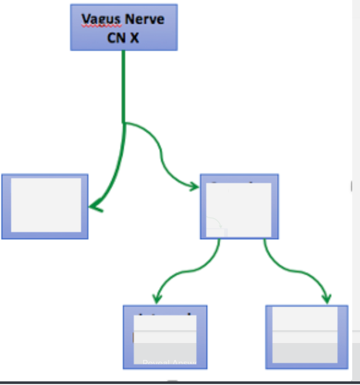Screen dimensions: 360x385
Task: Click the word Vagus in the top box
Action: click(x=98, y=20)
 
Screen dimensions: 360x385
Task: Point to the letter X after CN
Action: click(x=134, y=37)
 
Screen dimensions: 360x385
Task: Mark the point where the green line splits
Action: click(x=124, y=123)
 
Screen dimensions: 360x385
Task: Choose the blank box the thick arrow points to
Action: click(x=45, y=206)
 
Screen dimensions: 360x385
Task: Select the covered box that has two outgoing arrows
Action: click(x=240, y=206)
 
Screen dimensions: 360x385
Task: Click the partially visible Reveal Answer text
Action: click(x=164, y=362)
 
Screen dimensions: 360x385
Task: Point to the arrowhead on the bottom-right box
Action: click(x=326, y=299)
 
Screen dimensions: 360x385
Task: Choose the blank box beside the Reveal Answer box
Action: click(x=306, y=337)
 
